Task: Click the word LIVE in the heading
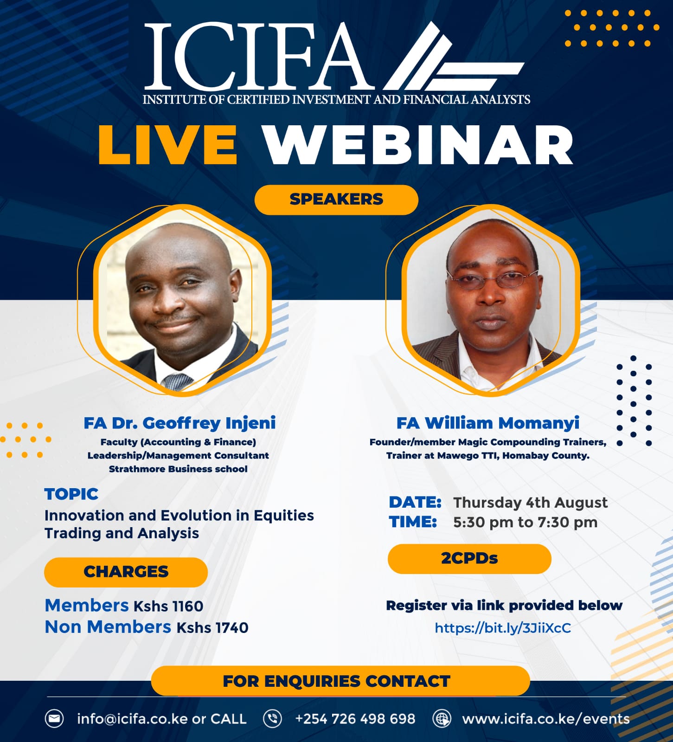point(168,145)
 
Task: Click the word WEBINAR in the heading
point(418,145)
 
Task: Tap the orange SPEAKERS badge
point(336,200)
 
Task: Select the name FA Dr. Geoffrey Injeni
point(179,423)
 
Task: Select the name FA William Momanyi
point(488,423)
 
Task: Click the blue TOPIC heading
point(71,494)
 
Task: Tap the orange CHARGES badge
point(126,572)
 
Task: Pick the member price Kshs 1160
point(168,606)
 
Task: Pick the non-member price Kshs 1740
point(212,628)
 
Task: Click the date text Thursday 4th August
point(530,503)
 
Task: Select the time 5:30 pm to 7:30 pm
point(525,523)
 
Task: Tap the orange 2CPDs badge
point(469,559)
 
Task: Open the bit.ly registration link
point(503,628)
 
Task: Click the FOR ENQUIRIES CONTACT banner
point(340,681)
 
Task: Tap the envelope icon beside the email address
point(54,719)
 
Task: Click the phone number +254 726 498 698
point(355,719)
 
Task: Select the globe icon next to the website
point(442,719)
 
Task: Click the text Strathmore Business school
point(178,469)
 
